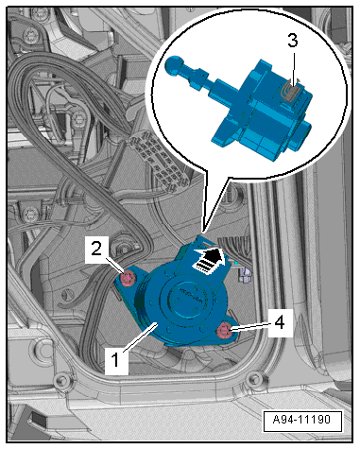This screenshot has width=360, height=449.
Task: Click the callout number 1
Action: click(116, 360)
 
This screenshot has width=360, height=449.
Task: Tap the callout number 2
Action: click(96, 249)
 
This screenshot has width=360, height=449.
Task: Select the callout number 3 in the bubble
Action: click(293, 41)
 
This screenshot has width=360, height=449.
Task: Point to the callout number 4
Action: click(279, 322)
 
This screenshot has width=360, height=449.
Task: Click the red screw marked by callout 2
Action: click(129, 279)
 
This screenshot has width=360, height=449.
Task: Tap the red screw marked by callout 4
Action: click(225, 331)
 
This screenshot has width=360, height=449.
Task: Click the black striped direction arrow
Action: click(210, 259)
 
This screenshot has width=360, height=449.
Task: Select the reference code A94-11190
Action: click(301, 420)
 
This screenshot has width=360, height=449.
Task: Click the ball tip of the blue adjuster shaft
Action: click(174, 65)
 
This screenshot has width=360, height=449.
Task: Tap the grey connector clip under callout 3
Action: click(292, 93)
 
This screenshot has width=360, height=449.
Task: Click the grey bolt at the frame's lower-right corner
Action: click(252, 379)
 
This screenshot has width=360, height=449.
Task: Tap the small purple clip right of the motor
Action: click(244, 273)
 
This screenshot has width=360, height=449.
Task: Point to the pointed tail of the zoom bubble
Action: click(204, 233)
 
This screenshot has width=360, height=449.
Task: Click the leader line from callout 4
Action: click(251, 327)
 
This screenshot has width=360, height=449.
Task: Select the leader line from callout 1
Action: click(140, 337)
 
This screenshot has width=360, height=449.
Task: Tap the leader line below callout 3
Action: click(294, 68)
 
